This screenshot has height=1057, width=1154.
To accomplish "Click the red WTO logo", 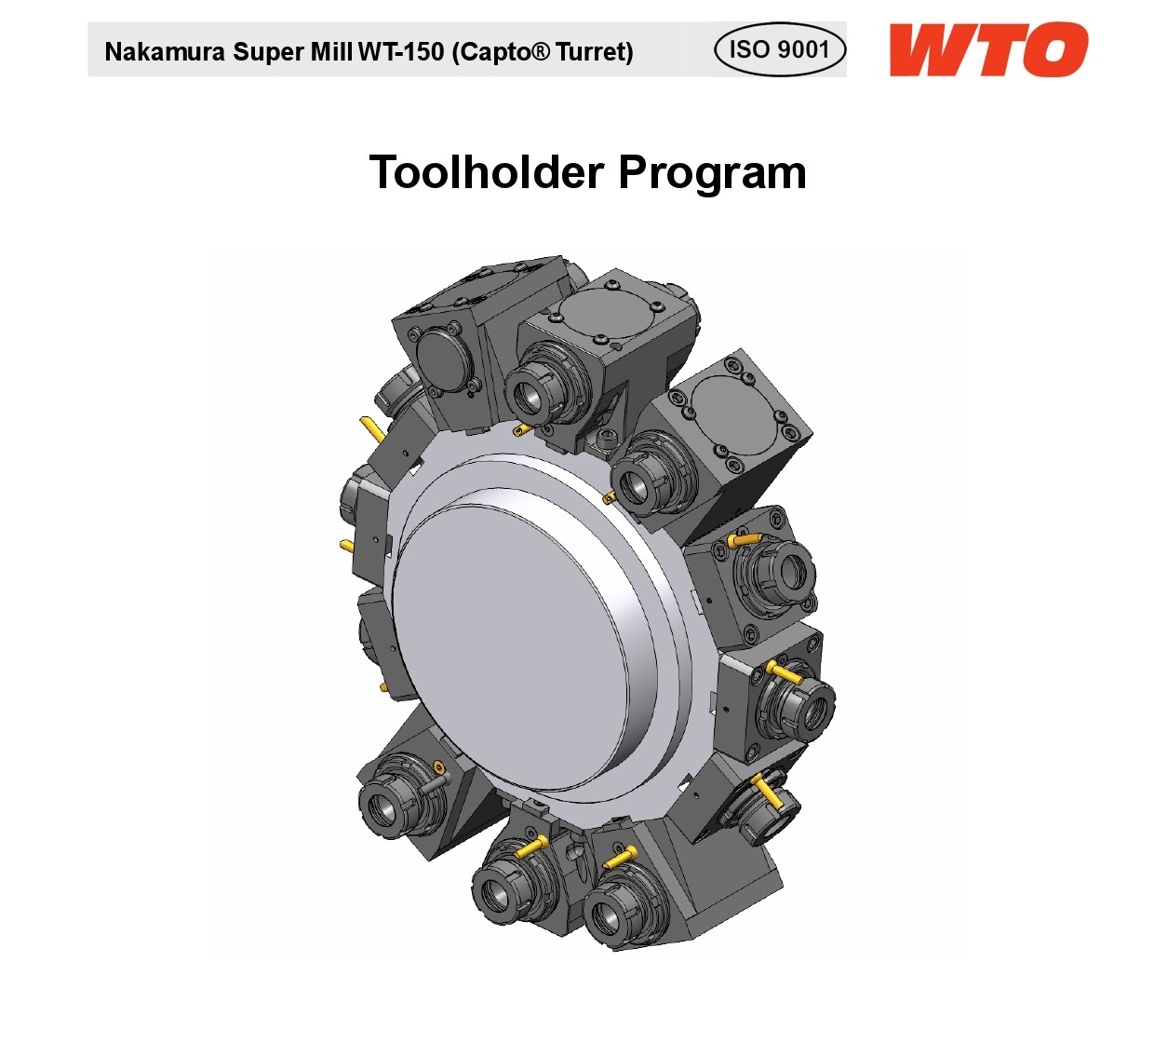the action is point(988,49).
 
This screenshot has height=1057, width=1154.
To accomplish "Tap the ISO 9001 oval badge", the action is point(780,49).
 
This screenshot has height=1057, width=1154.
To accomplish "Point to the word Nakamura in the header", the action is point(165,52).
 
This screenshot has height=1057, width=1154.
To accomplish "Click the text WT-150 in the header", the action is point(401,52).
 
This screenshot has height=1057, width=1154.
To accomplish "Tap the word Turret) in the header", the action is point(595,52).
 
